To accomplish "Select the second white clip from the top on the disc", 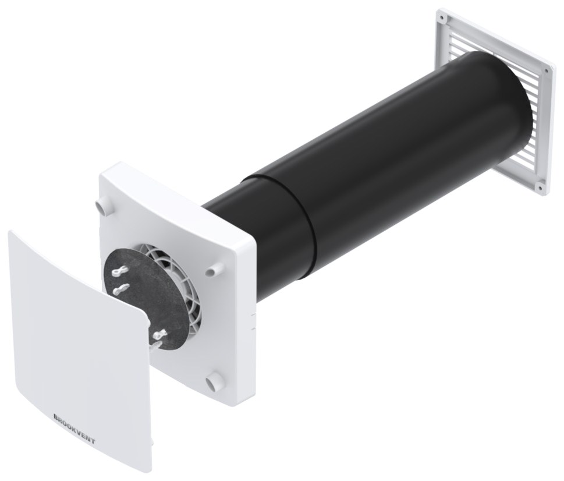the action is (121, 289).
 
